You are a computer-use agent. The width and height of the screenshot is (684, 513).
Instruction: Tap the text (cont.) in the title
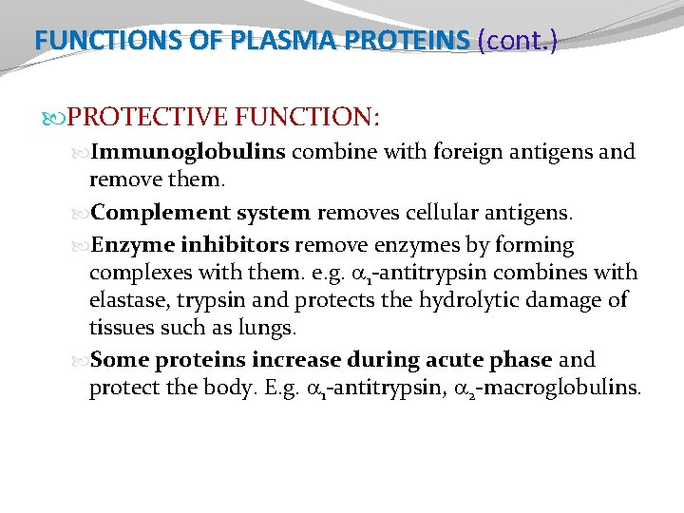pyautogui.click(x=518, y=40)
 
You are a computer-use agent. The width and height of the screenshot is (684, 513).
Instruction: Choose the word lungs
pyautogui.click(x=270, y=329)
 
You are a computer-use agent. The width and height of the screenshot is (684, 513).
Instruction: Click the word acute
pyautogui.click(x=469, y=360)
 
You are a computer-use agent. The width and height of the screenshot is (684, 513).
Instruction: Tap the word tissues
pyautogui.click(x=119, y=329)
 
